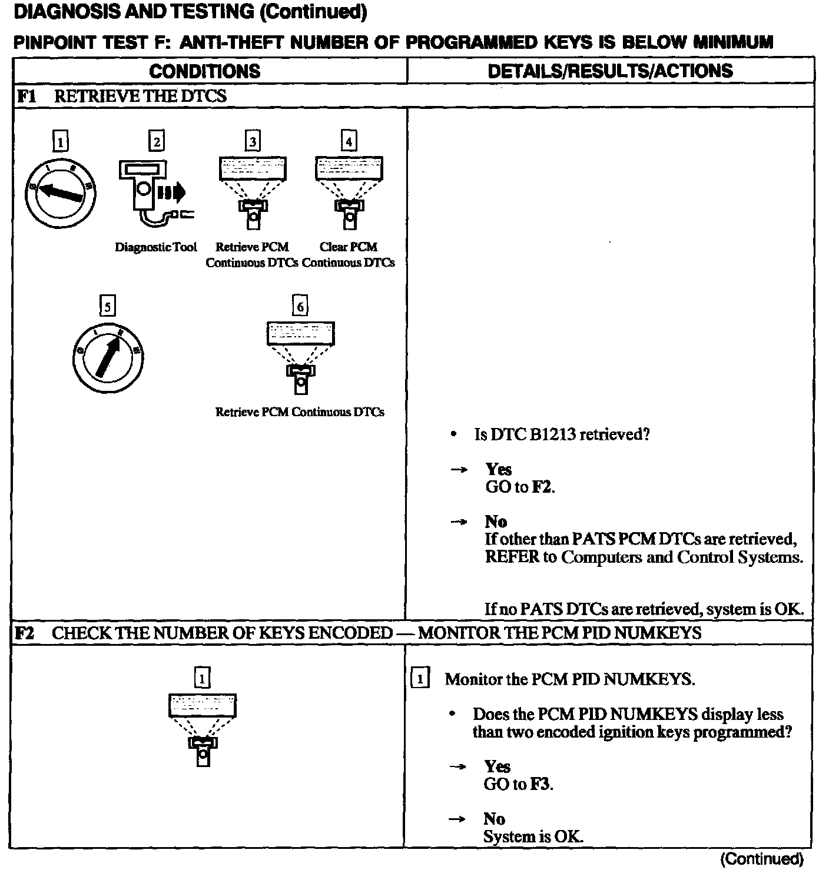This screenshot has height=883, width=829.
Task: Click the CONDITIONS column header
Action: click(204, 71)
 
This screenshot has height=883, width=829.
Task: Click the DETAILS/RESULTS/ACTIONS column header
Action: click(610, 71)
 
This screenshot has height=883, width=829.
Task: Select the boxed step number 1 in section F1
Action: click(60, 141)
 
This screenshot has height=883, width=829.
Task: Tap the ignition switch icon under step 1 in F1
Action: click(60, 192)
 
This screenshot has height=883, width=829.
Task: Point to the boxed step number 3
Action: click(253, 141)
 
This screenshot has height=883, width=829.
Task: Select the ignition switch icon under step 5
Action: click(107, 357)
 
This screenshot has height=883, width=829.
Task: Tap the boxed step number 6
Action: click(300, 306)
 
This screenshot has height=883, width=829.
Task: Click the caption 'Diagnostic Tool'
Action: click(155, 247)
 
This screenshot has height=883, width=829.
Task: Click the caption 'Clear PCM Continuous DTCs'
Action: click(349, 255)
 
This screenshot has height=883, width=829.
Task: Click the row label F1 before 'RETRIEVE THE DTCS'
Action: click(26, 96)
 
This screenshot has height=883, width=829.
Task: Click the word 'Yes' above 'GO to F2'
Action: click(498, 469)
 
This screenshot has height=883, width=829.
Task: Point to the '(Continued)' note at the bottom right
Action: click(761, 859)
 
